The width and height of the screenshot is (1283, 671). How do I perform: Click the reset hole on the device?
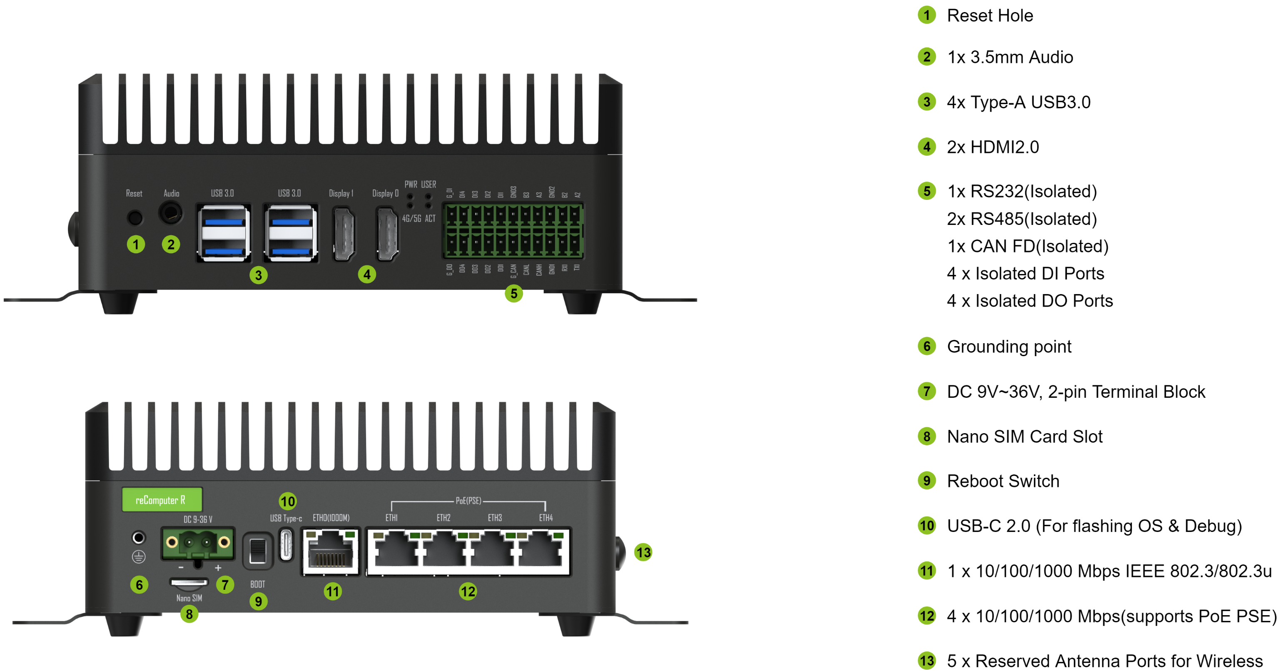135,218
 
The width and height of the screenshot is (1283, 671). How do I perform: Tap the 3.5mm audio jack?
171,213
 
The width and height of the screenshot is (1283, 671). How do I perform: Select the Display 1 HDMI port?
344,233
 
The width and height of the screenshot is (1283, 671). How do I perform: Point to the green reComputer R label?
162,500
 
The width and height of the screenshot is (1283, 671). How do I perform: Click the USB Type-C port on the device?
286,544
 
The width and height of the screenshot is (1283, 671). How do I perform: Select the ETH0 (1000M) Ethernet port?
330,552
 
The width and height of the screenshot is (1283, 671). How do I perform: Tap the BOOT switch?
257,551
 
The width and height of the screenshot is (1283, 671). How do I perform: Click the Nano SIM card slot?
189,582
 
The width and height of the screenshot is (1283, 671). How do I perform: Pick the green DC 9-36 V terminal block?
198,543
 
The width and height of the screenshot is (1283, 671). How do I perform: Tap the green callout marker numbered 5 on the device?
513,293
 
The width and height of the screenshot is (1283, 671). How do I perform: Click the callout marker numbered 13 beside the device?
643,552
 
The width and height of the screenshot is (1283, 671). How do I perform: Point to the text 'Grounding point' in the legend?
1009,346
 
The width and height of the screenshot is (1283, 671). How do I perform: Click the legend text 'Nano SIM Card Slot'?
1024,437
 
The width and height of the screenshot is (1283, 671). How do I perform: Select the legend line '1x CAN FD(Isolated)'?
1027,246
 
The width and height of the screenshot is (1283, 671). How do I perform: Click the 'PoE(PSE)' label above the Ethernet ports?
468,501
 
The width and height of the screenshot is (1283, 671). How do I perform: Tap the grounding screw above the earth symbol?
138,537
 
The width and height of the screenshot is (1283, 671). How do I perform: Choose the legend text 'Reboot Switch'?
1003,481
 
